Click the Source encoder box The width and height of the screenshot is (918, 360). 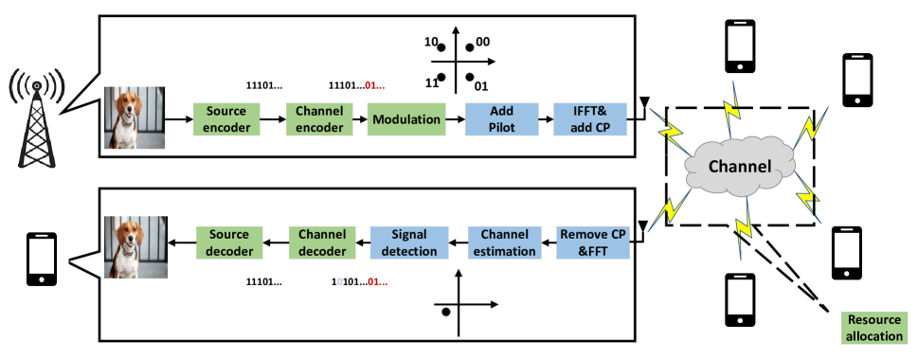(x=225, y=118)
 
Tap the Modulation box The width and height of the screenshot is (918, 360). (x=406, y=119)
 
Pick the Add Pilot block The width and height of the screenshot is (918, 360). (x=502, y=119)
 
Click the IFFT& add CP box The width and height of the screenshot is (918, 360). (x=590, y=119)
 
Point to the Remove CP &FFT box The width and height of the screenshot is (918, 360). (x=592, y=243)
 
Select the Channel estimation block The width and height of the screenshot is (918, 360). (x=504, y=243)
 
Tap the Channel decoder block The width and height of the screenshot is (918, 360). (x=322, y=243)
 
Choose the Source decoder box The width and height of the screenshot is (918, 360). (x=229, y=243)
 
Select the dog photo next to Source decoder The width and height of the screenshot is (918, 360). (x=135, y=246)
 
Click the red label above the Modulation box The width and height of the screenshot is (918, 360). (x=374, y=86)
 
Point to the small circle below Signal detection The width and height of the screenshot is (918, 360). (x=445, y=312)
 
